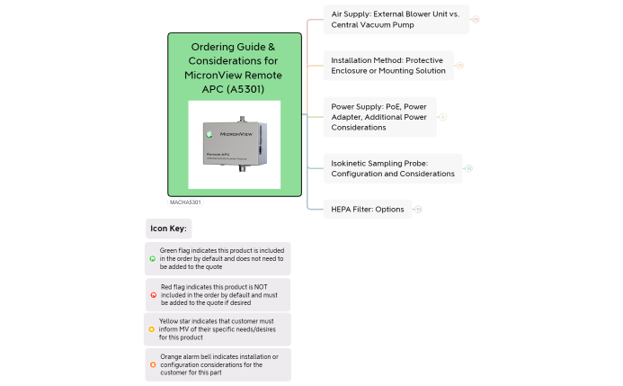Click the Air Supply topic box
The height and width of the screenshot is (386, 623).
coord(396,20)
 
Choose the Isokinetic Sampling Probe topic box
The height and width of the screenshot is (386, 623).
coord(393,168)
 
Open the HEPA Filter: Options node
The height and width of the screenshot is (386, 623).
coord(368,210)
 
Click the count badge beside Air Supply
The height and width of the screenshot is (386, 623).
coord(476,19)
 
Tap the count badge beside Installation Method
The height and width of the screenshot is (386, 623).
coord(459,66)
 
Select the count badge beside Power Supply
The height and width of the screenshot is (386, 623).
coord(442,117)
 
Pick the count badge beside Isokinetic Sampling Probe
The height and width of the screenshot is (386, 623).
coord(468,168)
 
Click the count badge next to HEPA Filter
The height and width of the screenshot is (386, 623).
coord(418,210)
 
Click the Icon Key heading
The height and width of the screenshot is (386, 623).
coord(168,229)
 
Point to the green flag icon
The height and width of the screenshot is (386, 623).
coord(152,258)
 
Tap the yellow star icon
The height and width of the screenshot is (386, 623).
coord(151,329)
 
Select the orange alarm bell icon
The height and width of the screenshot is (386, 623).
coord(152,364)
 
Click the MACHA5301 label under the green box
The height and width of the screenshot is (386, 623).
coord(185,202)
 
